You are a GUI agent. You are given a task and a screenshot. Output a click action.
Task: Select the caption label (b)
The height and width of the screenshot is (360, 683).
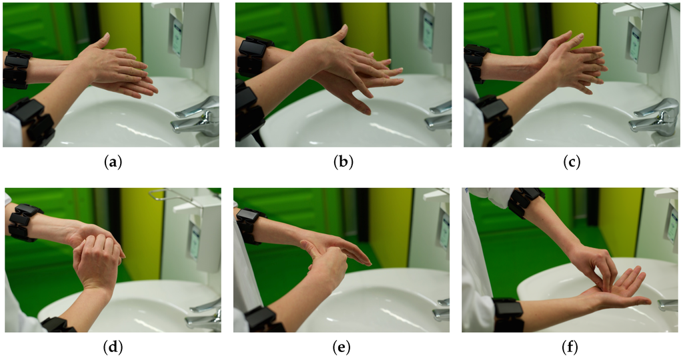(x=342, y=161)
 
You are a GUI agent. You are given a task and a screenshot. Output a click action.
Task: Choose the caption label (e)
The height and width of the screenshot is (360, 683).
(x=342, y=347)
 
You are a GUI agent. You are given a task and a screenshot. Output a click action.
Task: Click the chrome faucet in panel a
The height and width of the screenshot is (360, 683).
(x=197, y=118)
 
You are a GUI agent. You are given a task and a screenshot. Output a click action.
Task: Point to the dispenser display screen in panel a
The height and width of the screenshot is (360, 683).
(x=177, y=37)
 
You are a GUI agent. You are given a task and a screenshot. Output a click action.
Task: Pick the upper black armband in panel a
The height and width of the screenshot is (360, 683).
(x=17, y=68)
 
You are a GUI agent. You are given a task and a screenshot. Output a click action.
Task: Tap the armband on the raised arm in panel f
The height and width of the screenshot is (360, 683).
(x=525, y=201)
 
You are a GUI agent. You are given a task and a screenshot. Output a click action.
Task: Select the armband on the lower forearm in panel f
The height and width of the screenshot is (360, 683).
(x=509, y=314)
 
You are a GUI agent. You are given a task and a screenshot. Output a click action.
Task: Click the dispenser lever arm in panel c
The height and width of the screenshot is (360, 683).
(x=630, y=9)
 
